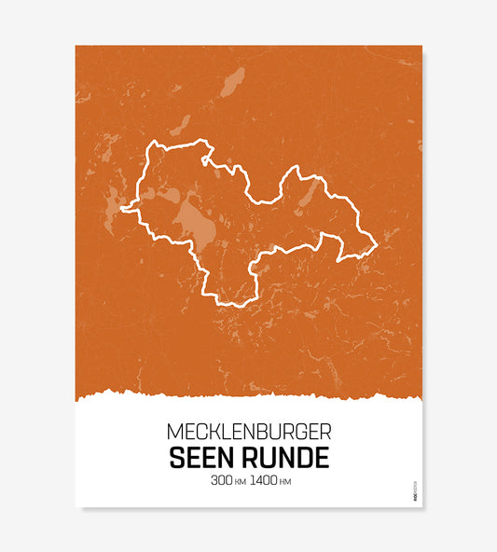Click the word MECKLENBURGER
point(248,434)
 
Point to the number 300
point(222,482)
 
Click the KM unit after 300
point(240,483)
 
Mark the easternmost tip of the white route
point(376,245)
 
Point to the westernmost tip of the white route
point(121,210)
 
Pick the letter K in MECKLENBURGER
point(214,434)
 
